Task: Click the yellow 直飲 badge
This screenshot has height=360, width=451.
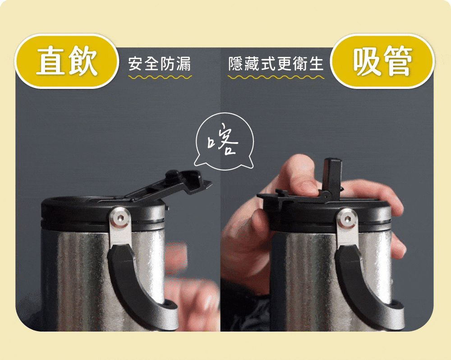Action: (66, 61)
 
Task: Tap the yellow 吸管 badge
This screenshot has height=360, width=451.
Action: (382, 61)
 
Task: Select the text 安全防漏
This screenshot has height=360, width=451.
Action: (160, 64)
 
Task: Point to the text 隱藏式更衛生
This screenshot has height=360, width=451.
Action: (276, 64)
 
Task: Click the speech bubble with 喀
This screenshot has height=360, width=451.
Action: (224, 140)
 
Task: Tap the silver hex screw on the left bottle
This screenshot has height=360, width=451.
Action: (120, 217)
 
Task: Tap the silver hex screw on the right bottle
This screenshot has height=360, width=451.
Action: (347, 219)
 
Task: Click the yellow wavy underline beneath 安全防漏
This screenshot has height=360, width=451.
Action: (160, 77)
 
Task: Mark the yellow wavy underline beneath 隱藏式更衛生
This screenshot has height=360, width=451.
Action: (276, 77)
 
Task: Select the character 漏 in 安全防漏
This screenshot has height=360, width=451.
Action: (184, 64)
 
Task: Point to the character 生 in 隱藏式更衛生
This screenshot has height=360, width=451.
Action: (316, 64)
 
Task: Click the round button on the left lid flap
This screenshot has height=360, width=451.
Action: (172, 175)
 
